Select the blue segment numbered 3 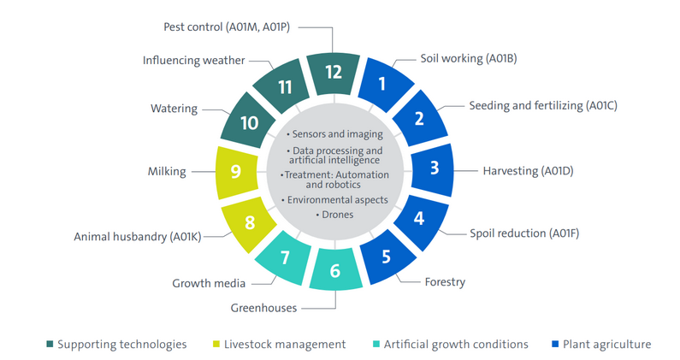[x=434, y=168]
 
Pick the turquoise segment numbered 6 [x=335, y=270]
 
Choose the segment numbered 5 [x=386, y=255]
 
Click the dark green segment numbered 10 [x=249, y=121]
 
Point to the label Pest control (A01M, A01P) [x=227, y=27]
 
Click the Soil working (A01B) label [x=468, y=59]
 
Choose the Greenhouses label [x=269, y=306]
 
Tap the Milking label [x=168, y=171]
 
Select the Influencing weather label [x=194, y=61]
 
